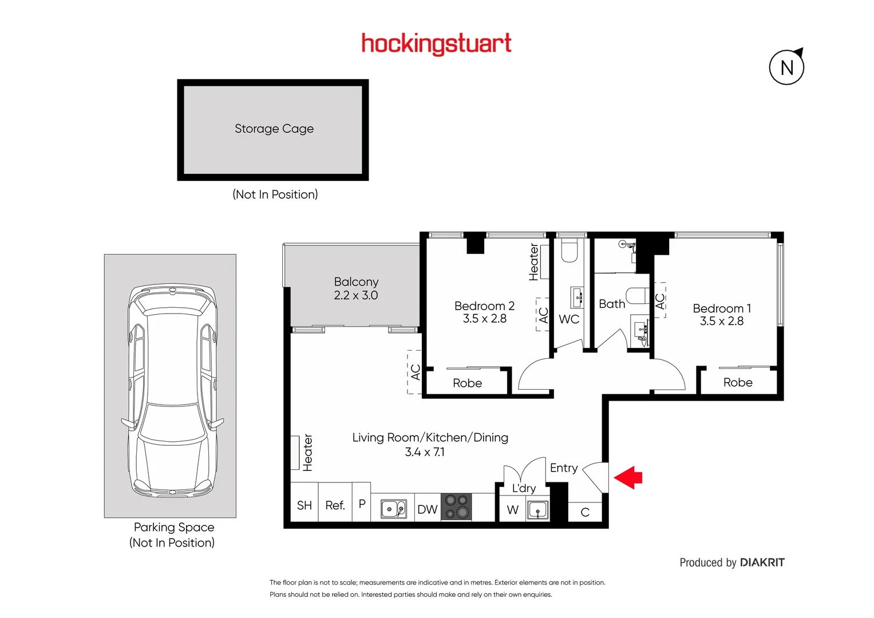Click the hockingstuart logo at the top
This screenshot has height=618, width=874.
pos(436,43)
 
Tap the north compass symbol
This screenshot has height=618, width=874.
pos(786,68)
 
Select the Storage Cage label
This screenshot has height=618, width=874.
pos(274,129)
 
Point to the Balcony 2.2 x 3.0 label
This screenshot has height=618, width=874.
pos(355,288)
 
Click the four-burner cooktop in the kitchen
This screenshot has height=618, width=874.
pos(456,507)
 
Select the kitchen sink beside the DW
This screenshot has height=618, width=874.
pos(393,509)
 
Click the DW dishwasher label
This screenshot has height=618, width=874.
pos(427,509)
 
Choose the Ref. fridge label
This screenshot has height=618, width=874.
pos(335,505)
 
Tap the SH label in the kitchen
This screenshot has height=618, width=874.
pos(304,505)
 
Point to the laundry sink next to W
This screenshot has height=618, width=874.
pos(537,509)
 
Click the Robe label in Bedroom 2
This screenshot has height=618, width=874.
pos(467,383)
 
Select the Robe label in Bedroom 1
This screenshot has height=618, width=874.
pos(737,383)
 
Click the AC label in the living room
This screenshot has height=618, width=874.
pos(416,372)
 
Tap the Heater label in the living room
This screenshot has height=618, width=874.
pos(307,452)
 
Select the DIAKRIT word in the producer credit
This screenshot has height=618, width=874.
pos(762,562)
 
